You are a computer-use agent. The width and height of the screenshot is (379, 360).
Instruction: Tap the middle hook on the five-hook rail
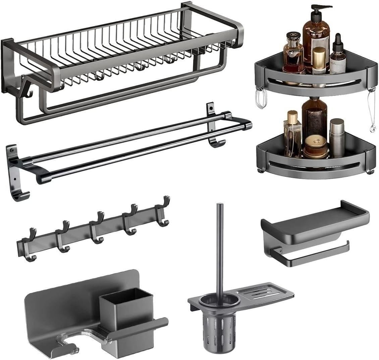(97, 228)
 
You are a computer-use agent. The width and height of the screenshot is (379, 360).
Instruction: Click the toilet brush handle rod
(220, 248)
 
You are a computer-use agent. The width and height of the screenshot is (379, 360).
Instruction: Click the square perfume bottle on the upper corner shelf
(293, 55)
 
